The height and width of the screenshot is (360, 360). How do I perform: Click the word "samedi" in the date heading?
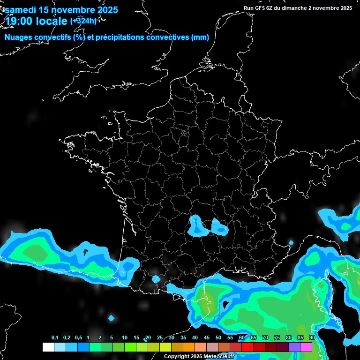pyautogui.click(x=22, y=10)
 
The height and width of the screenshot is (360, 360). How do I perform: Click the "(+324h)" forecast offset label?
pyautogui.click(x=83, y=21)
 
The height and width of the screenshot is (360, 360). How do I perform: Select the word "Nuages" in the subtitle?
pyautogui.click(x=19, y=37)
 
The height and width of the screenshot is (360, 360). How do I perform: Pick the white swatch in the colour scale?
pyautogui.click(x=48, y=347)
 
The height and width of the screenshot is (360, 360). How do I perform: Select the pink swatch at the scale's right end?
pyautogui.click(x=306, y=347)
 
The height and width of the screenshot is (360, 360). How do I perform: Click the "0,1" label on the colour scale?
pyautogui.click(x=55, y=338)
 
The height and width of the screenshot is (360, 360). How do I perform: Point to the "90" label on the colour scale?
pyautogui.click(x=312, y=338)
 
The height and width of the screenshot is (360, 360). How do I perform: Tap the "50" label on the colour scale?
pyautogui.click(x=218, y=338)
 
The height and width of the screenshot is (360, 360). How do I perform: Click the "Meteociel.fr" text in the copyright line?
pyautogui.click(x=217, y=357)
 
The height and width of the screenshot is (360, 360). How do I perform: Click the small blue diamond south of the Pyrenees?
pyautogui.click(x=111, y=318)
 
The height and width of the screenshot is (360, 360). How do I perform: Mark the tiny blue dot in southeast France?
pyautogui.click(x=291, y=243)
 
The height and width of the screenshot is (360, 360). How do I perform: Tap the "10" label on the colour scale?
pyautogui.click(x=124, y=338)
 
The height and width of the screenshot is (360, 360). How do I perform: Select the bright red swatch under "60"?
pyautogui.click(x=247, y=347)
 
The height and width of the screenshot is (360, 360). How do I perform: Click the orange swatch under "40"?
pyautogui.click(x=189, y=347)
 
